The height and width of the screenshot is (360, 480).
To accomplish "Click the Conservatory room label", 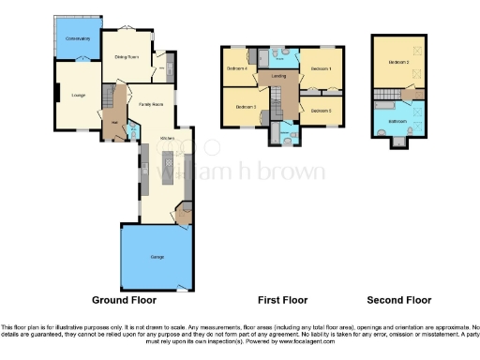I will click(77, 39).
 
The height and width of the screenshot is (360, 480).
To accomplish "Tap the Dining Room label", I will click(127, 57).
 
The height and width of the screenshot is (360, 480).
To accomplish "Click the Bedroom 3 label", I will click(246, 108).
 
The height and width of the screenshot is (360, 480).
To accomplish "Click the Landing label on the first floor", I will click(278, 77).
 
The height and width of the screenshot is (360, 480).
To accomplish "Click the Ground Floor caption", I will click(124, 300).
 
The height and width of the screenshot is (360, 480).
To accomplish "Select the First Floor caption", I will click(282, 300).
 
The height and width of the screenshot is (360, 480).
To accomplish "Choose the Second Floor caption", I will click(399, 300).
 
